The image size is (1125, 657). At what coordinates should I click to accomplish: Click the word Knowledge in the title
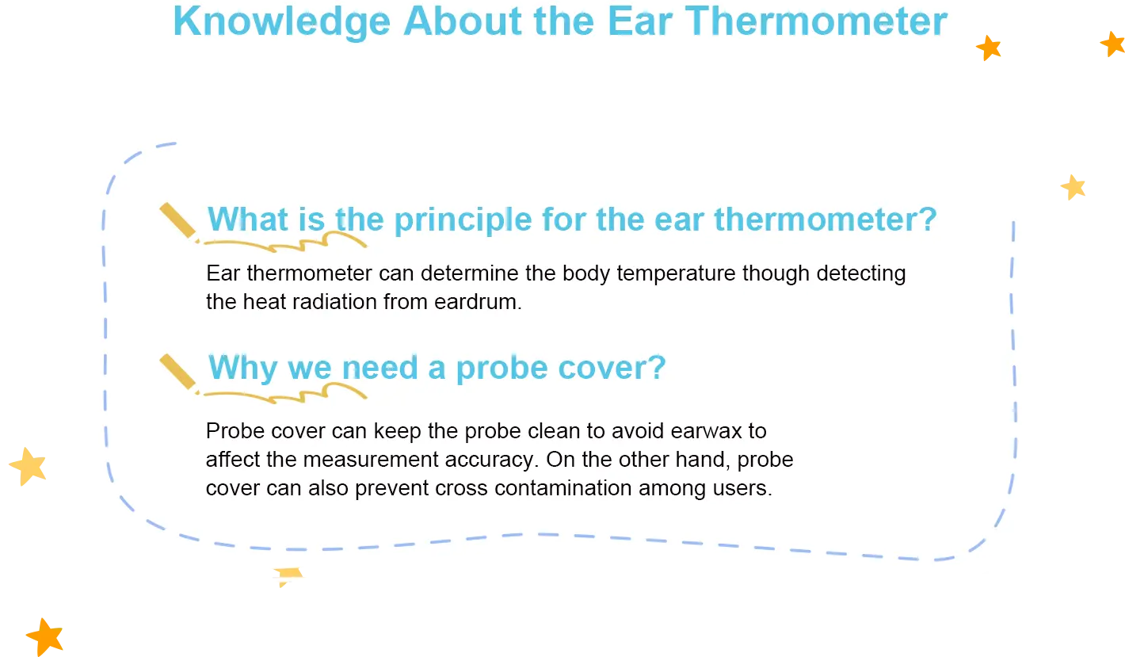282,23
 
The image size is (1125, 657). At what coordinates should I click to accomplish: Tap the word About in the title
463,21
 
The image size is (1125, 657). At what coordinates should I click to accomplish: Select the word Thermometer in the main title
816,21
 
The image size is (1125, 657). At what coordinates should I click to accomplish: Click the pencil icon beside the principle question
179,223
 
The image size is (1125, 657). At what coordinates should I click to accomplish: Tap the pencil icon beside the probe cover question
179,374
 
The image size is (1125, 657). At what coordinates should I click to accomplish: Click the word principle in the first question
463,221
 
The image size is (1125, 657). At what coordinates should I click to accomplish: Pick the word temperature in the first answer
676,274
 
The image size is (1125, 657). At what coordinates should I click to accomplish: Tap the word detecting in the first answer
861,274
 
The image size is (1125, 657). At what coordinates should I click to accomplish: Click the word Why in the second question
242,369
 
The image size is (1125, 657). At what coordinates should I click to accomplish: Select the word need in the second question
379,368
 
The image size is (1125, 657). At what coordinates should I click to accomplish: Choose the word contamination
562,488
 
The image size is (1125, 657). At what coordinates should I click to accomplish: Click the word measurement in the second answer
371,460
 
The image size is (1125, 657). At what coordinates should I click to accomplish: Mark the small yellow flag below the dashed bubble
288,577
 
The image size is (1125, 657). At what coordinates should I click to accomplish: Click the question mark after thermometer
927,219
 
